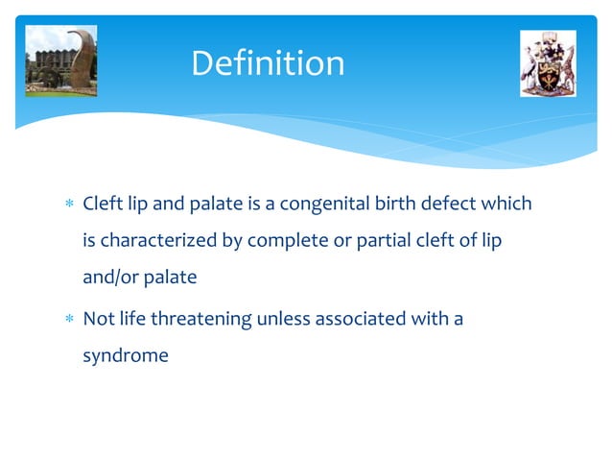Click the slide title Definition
(268, 63)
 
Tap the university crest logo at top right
(547, 63)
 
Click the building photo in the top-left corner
(61, 60)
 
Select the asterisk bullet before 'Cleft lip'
(67, 206)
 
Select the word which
(506, 205)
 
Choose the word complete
(286, 241)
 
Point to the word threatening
(203, 319)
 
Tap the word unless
(285, 319)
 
